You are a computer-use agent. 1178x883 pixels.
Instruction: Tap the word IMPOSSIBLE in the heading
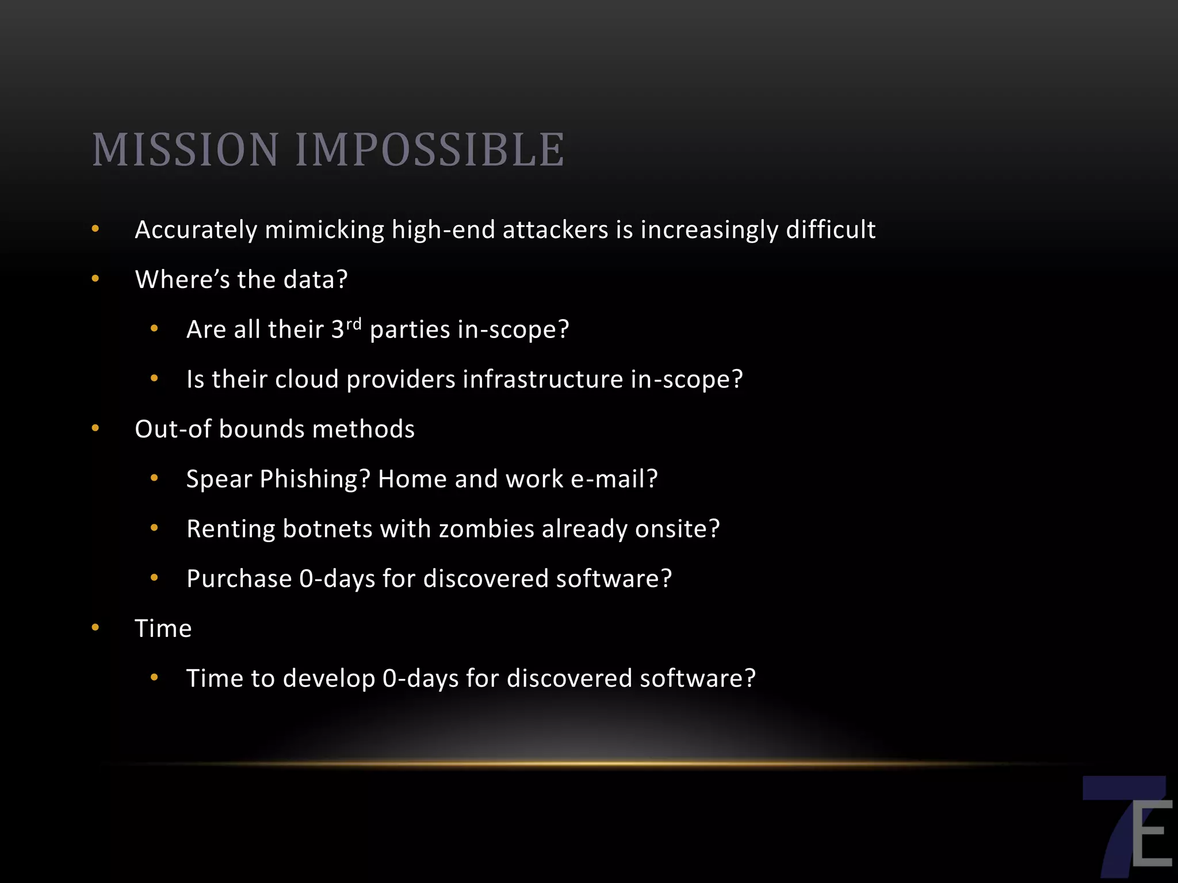(x=430, y=150)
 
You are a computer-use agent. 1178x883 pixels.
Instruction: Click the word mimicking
(x=324, y=230)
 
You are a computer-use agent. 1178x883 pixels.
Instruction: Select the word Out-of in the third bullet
(x=173, y=429)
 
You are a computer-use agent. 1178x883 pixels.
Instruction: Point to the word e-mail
(x=614, y=479)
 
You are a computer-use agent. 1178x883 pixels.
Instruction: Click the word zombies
(x=486, y=529)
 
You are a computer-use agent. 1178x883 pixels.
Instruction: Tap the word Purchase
(x=239, y=579)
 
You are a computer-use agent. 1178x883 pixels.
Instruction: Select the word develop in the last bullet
(x=328, y=679)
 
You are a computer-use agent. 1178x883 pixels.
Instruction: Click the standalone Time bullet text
(x=163, y=629)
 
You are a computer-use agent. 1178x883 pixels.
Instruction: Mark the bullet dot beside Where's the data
(x=95, y=279)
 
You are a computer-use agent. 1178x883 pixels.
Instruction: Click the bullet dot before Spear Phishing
(x=154, y=478)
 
